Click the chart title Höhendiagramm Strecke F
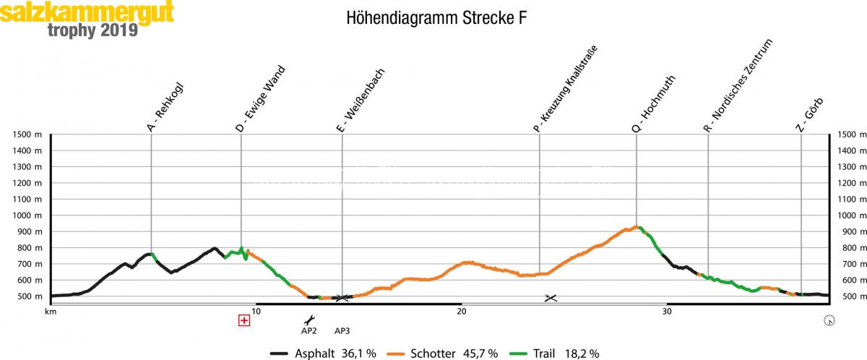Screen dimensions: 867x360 click(x=436, y=18)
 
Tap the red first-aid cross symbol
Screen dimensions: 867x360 click(x=244, y=320)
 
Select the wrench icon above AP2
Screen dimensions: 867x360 click(x=309, y=320)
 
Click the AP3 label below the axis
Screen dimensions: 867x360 click(x=342, y=331)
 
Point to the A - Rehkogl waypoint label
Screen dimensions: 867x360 click(x=165, y=108)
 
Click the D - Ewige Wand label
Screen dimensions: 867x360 click(x=260, y=99)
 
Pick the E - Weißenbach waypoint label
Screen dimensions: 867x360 click(x=361, y=100)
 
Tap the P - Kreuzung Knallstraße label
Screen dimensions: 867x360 click(x=566, y=89)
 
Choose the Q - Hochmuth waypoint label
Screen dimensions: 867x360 click(x=654, y=104)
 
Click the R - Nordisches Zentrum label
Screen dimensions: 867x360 click(x=738, y=85)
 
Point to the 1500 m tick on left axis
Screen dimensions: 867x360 click(x=27, y=134)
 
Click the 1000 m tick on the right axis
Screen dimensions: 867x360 click(x=852, y=215)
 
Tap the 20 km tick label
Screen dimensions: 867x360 click(x=462, y=312)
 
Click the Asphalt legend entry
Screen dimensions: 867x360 click(x=323, y=353)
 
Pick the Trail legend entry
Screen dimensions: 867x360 click(x=554, y=353)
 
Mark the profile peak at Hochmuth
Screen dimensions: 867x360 click(x=636, y=226)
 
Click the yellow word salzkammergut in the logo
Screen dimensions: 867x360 click(x=87, y=12)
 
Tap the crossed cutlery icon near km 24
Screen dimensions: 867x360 click(x=551, y=298)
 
